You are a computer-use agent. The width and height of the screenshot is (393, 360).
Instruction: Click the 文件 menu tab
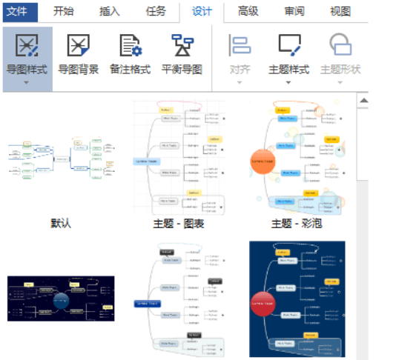[x=17, y=11]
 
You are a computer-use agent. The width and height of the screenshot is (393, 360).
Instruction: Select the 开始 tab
[x=64, y=11]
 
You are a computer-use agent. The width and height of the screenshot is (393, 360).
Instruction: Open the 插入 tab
[x=109, y=11]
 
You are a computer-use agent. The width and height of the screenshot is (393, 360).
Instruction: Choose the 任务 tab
[x=156, y=11]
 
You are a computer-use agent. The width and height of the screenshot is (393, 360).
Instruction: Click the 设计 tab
[x=202, y=11]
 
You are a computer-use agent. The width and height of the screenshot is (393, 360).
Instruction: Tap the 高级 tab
[x=248, y=11]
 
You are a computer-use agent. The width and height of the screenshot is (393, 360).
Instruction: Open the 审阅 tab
[x=294, y=11]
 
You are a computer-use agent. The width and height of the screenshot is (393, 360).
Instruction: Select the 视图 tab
[x=340, y=11]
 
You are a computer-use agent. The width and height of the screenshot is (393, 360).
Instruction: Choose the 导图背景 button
[x=78, y=53]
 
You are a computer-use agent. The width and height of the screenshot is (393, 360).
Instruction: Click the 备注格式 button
[x=131, y=53]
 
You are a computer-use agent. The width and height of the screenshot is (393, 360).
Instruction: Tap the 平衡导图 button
[x=182, y=53]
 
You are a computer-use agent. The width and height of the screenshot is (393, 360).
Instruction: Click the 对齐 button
[x=240, y=53]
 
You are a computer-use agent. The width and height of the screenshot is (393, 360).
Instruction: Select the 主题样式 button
[x=288, y=53]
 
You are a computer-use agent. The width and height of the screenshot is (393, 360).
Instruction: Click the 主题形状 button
[x=340, y=53]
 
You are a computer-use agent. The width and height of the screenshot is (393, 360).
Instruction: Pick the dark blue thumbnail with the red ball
[x=297, y=298]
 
